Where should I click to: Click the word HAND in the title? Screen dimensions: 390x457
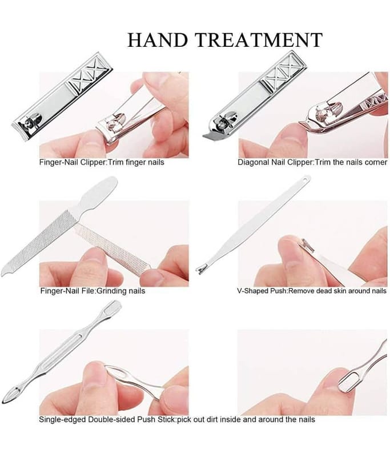tap(158, 40)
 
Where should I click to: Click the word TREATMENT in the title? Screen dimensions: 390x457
tap(259, 40)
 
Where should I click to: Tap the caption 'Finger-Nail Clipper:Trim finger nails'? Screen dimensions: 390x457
tap(102, 162)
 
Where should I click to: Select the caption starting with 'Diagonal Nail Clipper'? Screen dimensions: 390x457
tap(312, 162)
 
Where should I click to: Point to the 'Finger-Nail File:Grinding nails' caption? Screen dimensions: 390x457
tap(93, 291)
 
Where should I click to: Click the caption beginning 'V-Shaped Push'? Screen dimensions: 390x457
tap(312, 291)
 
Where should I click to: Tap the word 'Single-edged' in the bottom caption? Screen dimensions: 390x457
tap(62, 420)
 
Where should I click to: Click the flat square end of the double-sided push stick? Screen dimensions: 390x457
tap(114, 306)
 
